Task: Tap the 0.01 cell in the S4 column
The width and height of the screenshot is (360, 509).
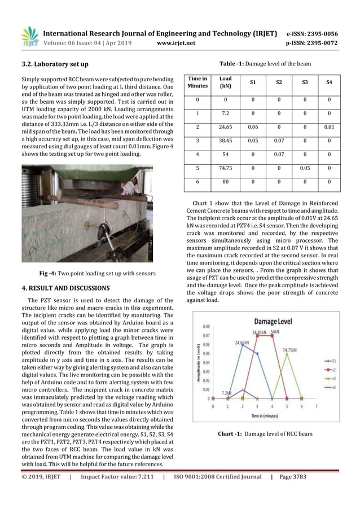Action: pos(330,128)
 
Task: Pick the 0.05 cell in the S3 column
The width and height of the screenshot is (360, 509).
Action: pos(305,168)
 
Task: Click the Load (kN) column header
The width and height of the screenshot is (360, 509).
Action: pos(225,82)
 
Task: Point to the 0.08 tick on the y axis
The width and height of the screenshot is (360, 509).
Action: pos(208,327)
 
